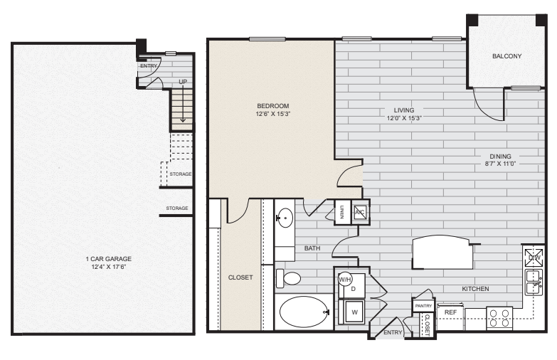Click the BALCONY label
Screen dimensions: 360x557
[506, 56]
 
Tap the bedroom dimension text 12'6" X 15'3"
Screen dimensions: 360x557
[273, 114]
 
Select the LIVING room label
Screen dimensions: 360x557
[404, 110]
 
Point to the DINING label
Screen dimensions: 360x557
[504, 157]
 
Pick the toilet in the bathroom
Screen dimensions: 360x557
[288, 277]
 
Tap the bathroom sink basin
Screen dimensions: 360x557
[285, 217]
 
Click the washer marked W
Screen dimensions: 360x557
[354, 310]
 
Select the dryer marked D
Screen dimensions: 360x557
[354, 288]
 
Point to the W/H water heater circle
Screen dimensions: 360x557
[345, 279]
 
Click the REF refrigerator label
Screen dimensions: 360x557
[450, 312]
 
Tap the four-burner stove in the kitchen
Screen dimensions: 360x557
[499, 317]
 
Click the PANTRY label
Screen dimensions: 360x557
[423, 305]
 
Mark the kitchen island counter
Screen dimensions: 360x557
[442, 253]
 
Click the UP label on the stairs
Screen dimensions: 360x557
[183, 83]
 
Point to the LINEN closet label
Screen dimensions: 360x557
[342, 211]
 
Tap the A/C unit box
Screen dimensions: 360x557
[360, 212]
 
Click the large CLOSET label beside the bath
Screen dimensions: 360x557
[240, 277]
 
